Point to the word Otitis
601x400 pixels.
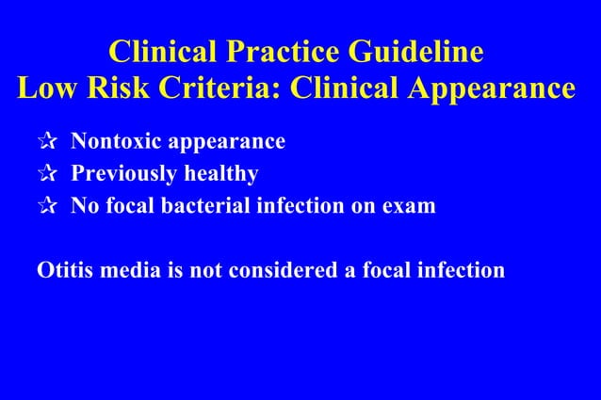pyautogui.click(x=61, y=271)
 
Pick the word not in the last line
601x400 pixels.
pyautogui.click(x=203, y=271)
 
